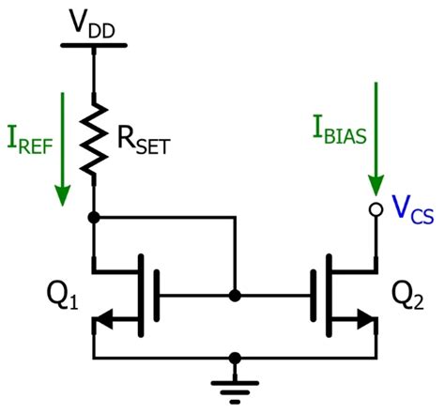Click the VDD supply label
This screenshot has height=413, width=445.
[92, 20]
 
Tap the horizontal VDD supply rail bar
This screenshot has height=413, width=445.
[92, 44]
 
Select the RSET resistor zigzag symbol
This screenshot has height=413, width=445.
[93, 136]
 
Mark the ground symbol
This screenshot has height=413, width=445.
[234, 385]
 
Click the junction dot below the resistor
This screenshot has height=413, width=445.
[93, 218]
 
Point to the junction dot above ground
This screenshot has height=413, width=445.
[234, 358]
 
